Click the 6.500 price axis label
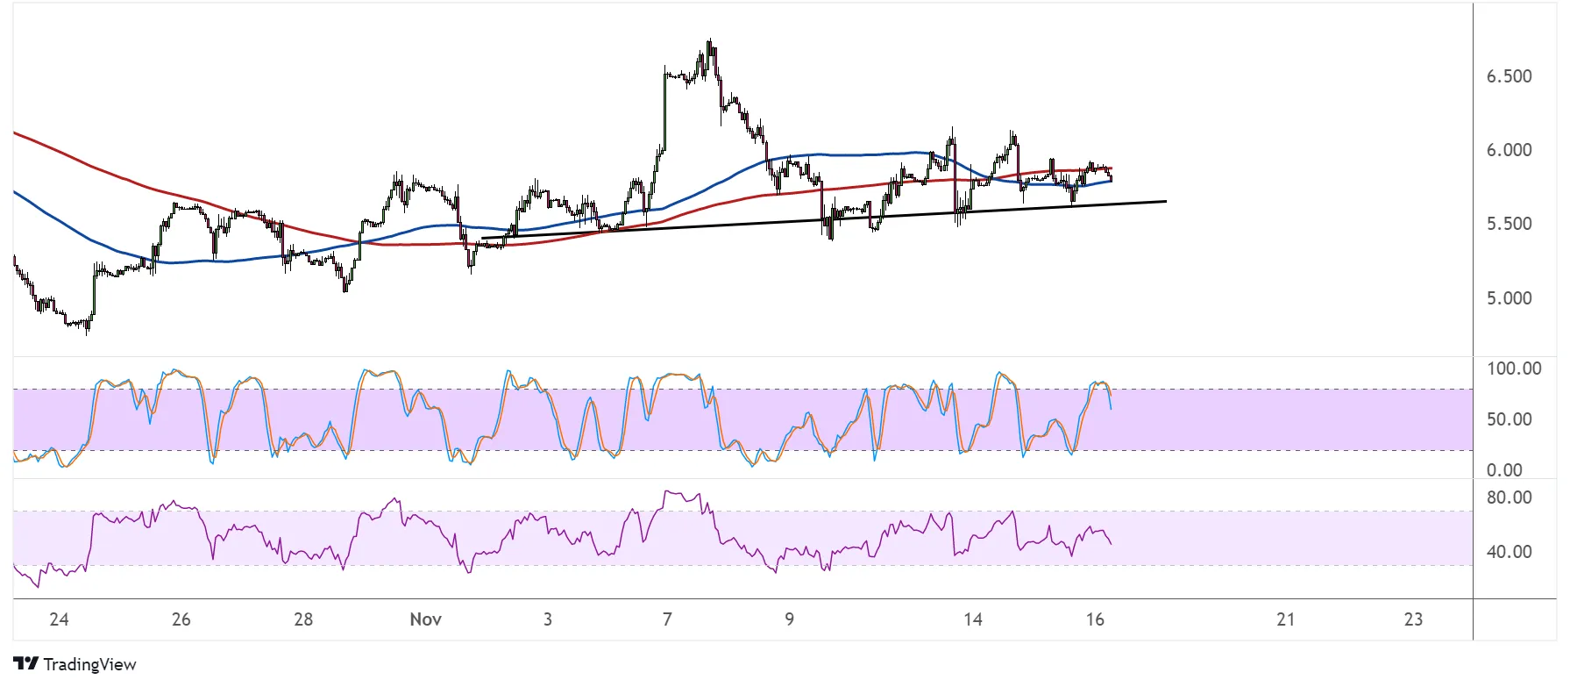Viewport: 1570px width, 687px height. tap(1509, 76)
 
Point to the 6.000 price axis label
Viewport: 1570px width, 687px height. tap(1509, 150)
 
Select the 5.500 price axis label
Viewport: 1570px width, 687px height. tap(1509, 224)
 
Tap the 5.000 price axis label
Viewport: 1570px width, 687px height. tap(1509, 298)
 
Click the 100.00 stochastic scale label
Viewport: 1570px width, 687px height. tap(1513, 369)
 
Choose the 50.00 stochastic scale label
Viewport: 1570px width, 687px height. tap(1509, 419)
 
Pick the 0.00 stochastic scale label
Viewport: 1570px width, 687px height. tap(1504, 470)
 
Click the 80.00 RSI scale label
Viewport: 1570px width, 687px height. tap(1509, 497)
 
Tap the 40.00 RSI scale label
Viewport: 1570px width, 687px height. tap(1509, 552)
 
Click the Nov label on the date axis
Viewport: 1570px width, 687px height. tap(425, 619)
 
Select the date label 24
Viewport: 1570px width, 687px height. tap(59, 619)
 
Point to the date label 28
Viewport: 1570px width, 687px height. tap(303, 619)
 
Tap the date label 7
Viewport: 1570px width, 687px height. tap(667, 619)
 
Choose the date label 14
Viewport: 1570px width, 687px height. tap(972, 619)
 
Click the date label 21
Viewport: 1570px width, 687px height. tap(1285, 619)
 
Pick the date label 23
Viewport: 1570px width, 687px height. tap(1413, 619)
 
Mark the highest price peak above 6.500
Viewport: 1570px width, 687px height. tap(710, 41)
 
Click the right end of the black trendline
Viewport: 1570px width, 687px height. tap(1166, 202)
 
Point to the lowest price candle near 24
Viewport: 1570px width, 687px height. tap(87, 332)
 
